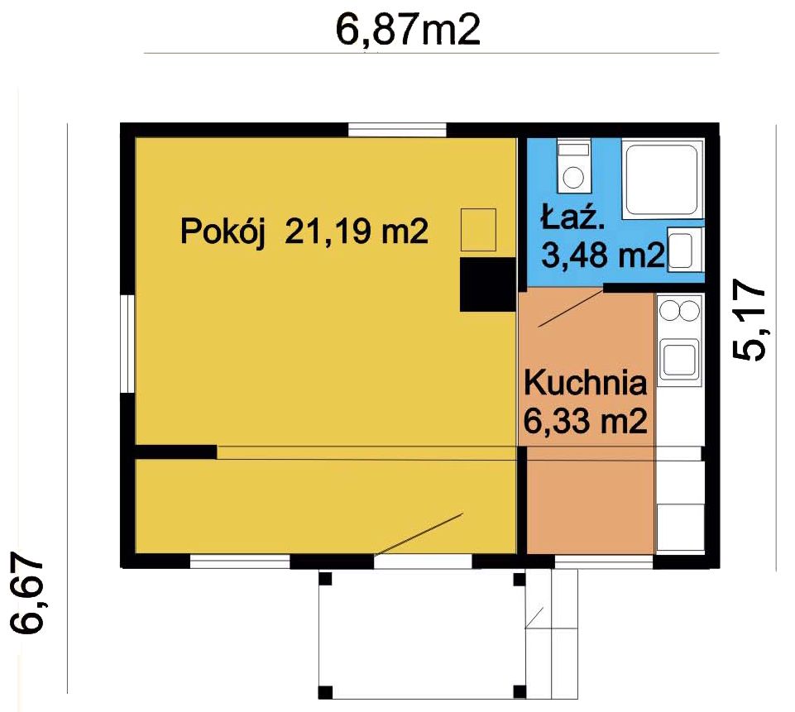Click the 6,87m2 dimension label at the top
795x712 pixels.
408,31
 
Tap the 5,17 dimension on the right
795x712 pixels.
750,320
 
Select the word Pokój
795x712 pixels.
223,232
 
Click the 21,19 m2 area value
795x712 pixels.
357,231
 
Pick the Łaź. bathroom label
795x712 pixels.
572,217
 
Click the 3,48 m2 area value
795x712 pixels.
603,255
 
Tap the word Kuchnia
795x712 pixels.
586,383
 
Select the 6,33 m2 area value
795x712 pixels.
586,421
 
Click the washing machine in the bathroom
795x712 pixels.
574,165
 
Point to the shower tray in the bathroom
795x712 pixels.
661,179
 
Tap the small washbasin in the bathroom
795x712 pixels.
684,248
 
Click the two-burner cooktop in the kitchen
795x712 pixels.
678,310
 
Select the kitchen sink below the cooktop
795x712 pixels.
678,361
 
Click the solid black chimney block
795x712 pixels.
488,284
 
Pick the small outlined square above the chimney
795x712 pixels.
478,230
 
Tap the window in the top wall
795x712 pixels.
397,130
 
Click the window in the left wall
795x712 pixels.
127,344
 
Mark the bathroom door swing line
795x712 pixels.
571,308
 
